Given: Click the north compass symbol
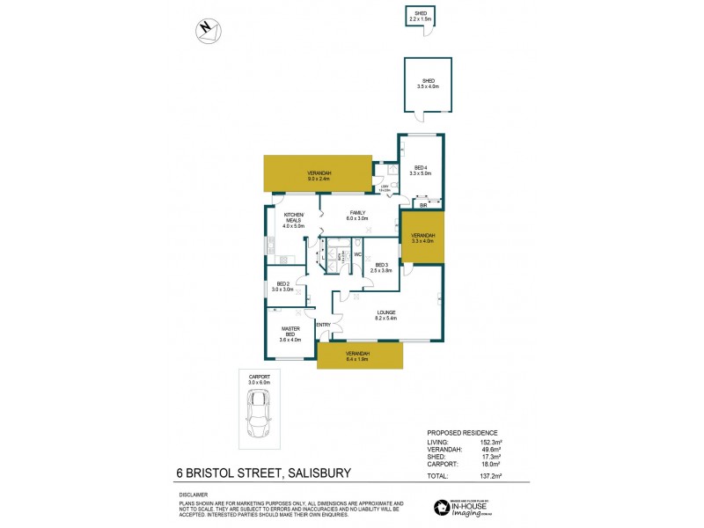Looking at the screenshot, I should click(208, 30).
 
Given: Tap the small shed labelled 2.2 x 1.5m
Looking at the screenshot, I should click(419, 16).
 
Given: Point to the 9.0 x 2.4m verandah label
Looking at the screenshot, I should click(319, 174).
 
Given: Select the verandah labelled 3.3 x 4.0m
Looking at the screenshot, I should click(423, 238).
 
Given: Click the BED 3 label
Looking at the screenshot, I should click(382, 265).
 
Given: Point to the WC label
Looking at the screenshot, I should click(357, 255).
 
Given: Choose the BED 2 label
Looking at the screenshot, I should click(280, 286).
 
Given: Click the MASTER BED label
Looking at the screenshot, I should click(290, 332).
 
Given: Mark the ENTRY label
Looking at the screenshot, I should click(323, 326).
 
